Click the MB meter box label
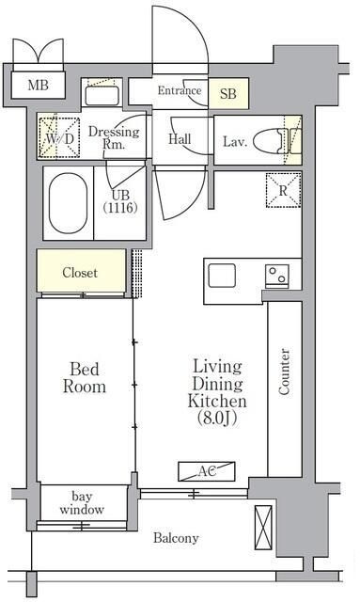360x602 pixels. coord(38,85)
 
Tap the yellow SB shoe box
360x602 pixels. coord(228,93)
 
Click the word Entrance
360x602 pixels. coord(180,90)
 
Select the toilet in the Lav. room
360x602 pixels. coord(271,140)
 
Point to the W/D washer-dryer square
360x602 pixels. coord(59,138)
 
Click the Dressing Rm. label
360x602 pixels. coord(114,137)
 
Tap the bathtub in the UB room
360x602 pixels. coord(68,203)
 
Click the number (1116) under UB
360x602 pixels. coord(120,208)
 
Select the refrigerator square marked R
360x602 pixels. coord(284,190)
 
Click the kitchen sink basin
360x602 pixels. coord(222,276)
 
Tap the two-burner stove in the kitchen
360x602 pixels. coord(277,276)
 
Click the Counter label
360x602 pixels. coord(284,372)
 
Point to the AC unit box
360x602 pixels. coord(207,471)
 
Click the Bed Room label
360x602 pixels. coord(85,378)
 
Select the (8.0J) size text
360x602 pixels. coord(217,418)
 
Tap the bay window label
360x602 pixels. coord(82,503)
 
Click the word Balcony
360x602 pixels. coord(176,538)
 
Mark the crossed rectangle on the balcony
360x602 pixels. coord(264,527)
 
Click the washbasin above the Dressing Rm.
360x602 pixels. coord(102,96)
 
